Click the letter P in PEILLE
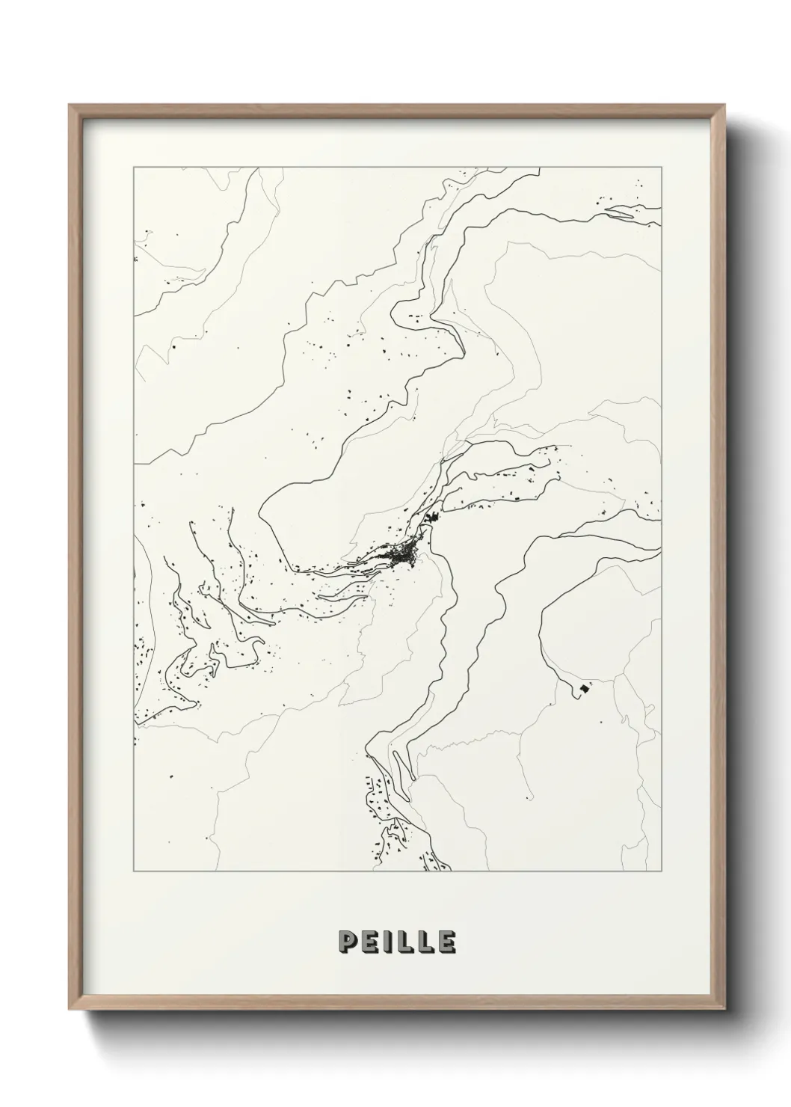[349, 942]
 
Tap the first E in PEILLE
[372, 942]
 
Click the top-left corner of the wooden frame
[70, 105]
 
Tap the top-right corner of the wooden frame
[724, 105]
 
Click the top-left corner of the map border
[134, 168]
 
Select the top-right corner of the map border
[661, 168]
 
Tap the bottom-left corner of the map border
[134, 871]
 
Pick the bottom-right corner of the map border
[661, 871]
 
